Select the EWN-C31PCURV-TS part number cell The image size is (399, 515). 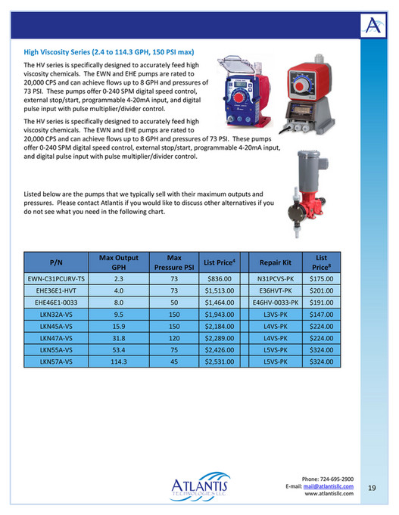pos(56,278)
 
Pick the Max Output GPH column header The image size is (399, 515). pos(118,262)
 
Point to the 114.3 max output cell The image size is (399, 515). pos(118,363)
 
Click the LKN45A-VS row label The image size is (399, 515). pos(56,327)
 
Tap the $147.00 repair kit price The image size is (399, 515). pos(321,315)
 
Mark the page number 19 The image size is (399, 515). pos(372,488)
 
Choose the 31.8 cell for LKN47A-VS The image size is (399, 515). pos(118,339)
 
